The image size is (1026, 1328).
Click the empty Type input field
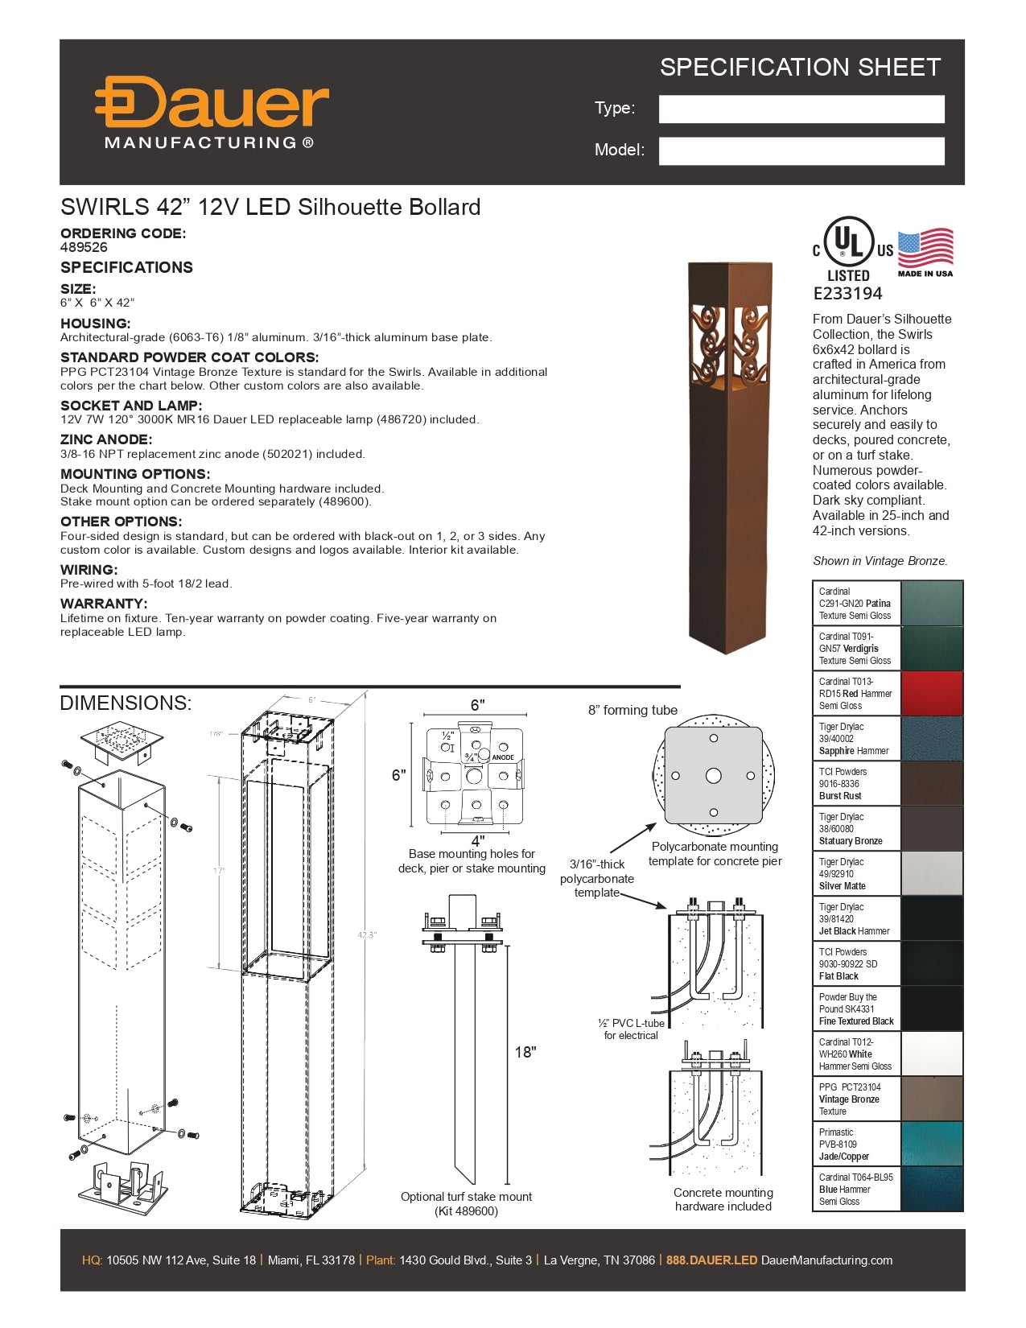(x=801, y=109)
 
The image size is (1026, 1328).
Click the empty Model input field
(x=801, y=151)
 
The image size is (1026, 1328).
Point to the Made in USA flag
(x=925, y=250)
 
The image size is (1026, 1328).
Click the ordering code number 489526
(x=84, y=248)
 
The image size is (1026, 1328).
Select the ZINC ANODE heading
(x=105, y=439)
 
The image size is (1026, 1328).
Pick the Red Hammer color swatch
(x=931, y=694)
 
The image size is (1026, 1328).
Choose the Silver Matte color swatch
(x=931, y=873)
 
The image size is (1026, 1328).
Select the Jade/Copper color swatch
(x=931, y=1144)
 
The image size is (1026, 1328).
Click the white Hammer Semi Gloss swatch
(x=931, y=1054)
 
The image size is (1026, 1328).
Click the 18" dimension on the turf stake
(x=525, y=1052)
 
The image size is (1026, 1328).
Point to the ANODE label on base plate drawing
(x=503, y=757)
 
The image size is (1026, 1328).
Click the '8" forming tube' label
(x=632, y=710)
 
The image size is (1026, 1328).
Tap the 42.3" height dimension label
(x=367, y=935)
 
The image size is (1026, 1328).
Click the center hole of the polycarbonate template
(x=713, y=776)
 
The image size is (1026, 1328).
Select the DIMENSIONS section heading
(x=126, y=703)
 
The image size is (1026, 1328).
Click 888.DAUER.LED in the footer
(x=711, y=1260)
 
